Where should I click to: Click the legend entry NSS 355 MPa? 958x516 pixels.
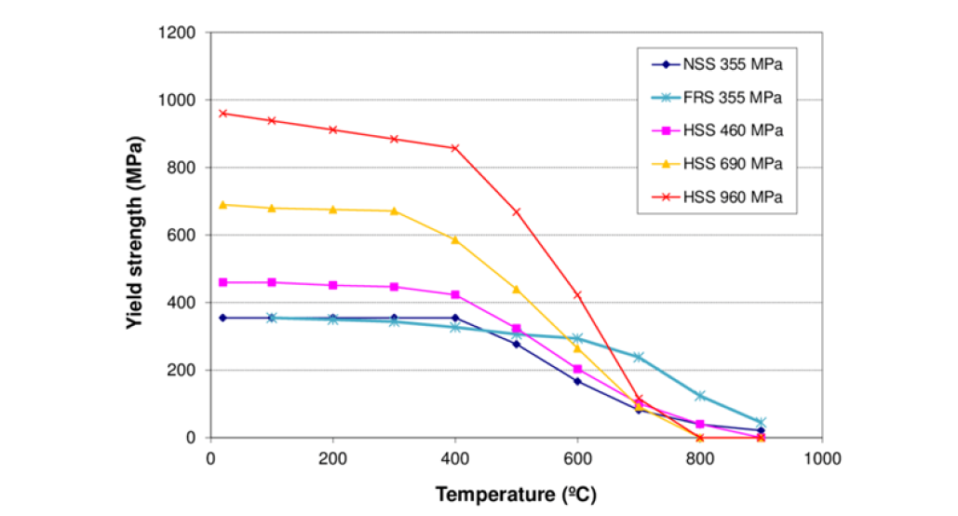click(x=717, y=64)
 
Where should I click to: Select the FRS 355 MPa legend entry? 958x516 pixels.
click(x=717, y=97)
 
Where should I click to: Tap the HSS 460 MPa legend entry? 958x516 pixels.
click(x=717, y=130)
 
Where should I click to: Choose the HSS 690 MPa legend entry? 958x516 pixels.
click(x=717, y=164)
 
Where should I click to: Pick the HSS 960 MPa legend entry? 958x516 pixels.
click(x=717, y=197)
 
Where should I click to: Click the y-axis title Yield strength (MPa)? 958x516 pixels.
click(x=134, y=232)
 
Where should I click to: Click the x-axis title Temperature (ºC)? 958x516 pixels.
click(x=516, y=494)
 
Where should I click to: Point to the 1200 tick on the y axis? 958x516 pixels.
click(x=177, y=33)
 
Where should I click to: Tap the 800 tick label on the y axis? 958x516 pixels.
click(x=181, y=168)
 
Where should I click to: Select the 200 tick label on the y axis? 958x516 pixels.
click(x=181, y=370)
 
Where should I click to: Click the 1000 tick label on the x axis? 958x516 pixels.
click(x=822, y=458)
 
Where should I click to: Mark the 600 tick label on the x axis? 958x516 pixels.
click(x=577, y=458)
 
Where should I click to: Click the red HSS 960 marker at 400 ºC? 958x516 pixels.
click(x=455, y=148)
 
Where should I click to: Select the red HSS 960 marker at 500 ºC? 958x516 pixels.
click(x=517, y=212)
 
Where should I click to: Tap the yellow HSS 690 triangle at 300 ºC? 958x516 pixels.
click(x=394, y=210)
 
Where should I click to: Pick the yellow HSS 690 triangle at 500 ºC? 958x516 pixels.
click(x=517, y=289)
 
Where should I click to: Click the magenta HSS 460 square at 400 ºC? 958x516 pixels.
click(x=455, y=294)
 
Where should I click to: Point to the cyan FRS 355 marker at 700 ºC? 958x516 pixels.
click(x=639, y=357)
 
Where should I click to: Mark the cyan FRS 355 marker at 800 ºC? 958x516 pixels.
click(x=700, y=396)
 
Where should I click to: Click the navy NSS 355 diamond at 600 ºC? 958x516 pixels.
click(x=577, y=382)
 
